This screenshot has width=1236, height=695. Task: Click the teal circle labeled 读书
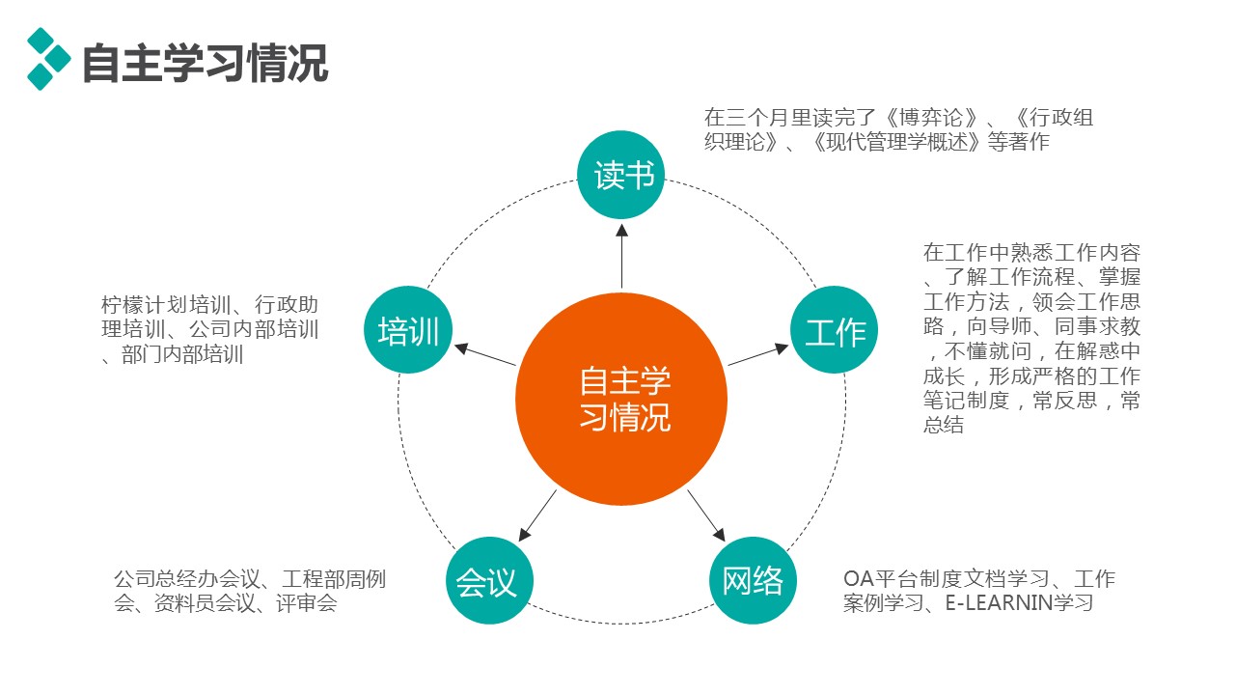[621, 175]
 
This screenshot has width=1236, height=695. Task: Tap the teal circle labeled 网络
[753, 581]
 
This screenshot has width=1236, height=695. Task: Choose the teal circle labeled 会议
[488, 581]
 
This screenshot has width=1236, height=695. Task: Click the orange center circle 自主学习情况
[621, 399]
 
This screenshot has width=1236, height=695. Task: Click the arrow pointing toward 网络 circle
[706, 515]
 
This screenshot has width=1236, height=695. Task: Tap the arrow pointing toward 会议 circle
[537, 515]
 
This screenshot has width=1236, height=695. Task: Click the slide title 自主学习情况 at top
[205, 63]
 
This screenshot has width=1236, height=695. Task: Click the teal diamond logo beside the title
[48, 58]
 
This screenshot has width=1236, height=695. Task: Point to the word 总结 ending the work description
[944, 425]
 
